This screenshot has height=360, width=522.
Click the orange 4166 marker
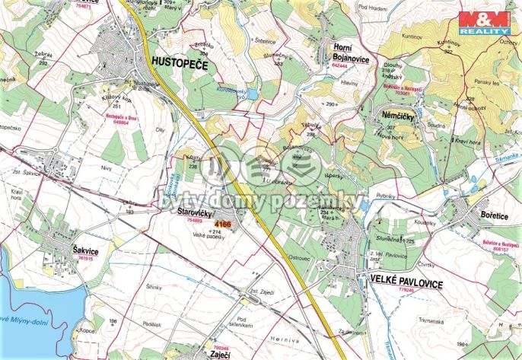click(222, 225)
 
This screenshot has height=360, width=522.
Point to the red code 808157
click(492, 247)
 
